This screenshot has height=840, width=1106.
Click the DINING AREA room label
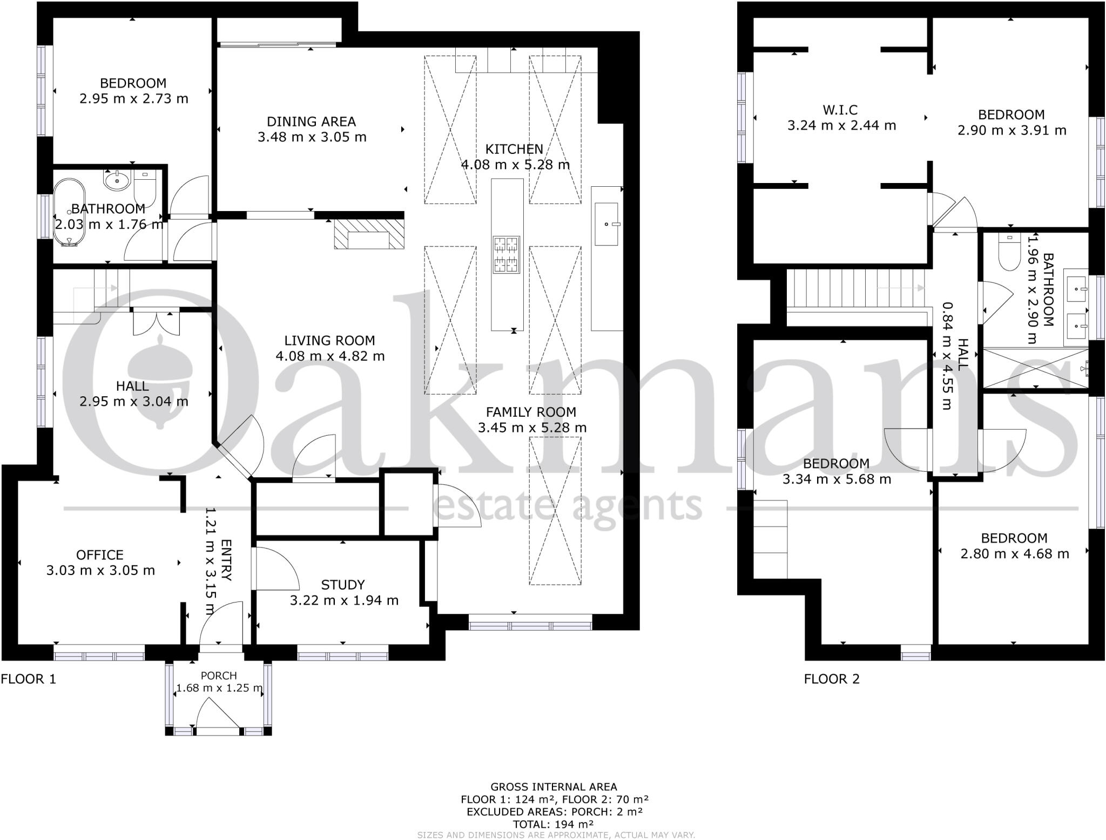[312, 121]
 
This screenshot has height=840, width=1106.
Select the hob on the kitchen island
[506, 254]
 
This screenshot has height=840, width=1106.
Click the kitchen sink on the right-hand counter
[607, 223]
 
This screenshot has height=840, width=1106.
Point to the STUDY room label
[343, 585]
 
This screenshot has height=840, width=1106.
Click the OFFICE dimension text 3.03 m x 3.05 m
[100, 570]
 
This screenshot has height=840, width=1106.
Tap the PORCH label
[219, 675]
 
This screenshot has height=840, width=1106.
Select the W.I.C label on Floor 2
[840, 110]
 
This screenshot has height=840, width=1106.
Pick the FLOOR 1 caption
[28, 679]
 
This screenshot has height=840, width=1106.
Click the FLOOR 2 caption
[831, 679]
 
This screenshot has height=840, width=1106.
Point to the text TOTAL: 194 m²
[553, 824]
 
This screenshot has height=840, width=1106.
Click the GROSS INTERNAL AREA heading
[553, 787]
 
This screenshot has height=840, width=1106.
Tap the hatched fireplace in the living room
[369, 234]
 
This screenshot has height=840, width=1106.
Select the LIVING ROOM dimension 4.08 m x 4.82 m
[330, 356]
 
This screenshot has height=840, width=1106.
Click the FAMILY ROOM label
[531, 412]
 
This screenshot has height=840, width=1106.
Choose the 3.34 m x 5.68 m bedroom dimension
[837, 479]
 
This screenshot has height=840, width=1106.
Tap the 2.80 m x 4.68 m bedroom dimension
[1014, 553]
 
